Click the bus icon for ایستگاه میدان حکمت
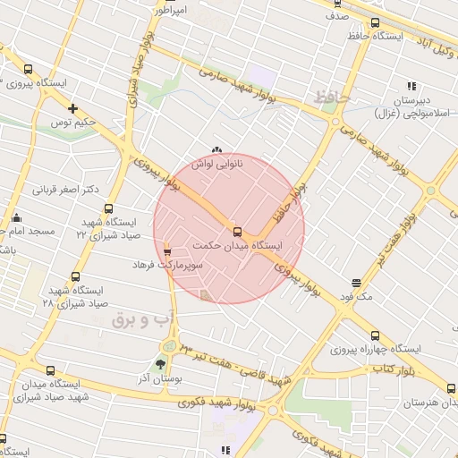pos(236,229)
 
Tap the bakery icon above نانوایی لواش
pos(216,150)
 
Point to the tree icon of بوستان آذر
pos(160,364)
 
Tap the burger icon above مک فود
pos(358,283)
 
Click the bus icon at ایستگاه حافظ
pos(374,24)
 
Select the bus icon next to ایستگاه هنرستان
pos(451,388)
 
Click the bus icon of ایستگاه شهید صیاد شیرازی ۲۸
pos(75,277)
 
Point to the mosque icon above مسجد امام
pos(16,216)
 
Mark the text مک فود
pos(358,296)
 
